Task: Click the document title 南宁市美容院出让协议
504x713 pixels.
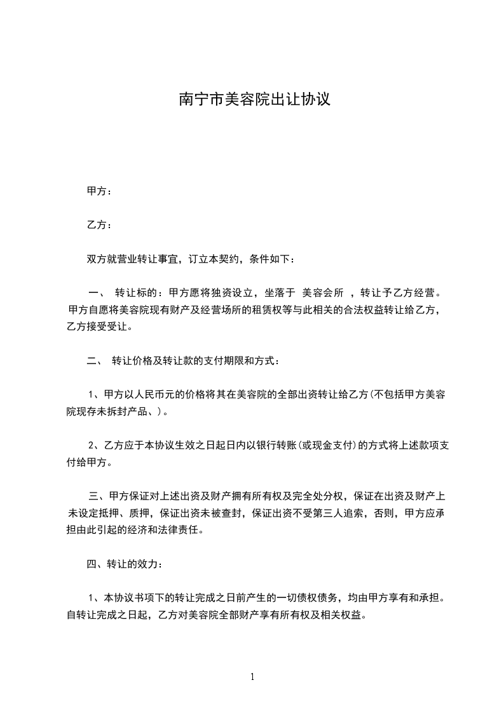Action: (x=254, y=100)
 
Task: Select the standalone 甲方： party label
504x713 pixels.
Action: (x=99, y=191)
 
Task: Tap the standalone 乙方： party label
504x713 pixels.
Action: (x=99, y=225)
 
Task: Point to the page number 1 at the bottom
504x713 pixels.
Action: (x=252, y=677)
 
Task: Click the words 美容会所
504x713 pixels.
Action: (x=323, y=293)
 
